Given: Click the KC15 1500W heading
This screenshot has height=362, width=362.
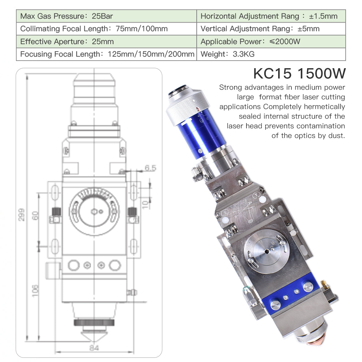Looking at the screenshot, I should tap(299, 73).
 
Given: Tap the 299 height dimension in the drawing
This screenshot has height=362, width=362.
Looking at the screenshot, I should tap(21, 214).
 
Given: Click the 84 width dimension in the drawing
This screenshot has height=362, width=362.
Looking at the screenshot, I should tap(94, 348).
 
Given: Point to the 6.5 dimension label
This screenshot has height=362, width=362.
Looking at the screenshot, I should tap(150, 168).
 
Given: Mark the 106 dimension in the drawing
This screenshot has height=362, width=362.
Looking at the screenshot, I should tap(35, 290).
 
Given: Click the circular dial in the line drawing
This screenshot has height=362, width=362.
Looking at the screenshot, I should tap(94, 211).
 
